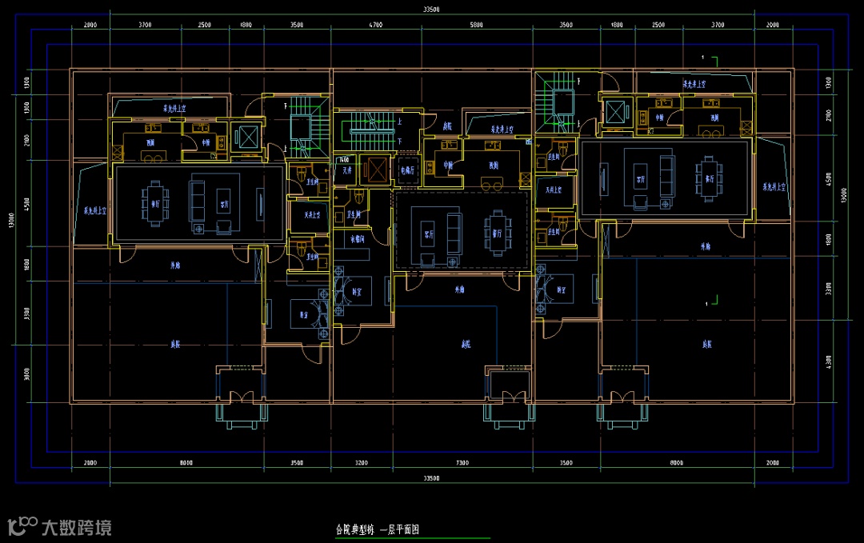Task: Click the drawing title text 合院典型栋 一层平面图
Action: click(378, 529)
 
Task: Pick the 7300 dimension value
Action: click(462, 463)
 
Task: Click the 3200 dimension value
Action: click(360, 463)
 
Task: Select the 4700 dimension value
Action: click(376, 26)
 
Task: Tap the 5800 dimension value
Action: click(477, 26)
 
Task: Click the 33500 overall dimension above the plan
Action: click(432, 10)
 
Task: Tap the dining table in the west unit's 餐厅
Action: click(155, 202)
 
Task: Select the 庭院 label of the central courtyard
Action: click(465, 345)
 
